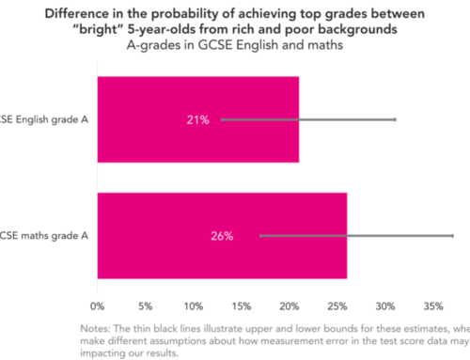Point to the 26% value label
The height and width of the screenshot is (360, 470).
pyautogui.click(x=222, y=236)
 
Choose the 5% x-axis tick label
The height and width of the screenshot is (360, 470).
pyautogui.click(x=146, y=305)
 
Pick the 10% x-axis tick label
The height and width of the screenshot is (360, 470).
pyautogui.click(x=194, y=305)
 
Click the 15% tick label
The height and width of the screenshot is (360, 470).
pyautogui.click(x=242, y=305)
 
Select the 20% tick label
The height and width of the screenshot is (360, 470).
pyautogui.click(x=290, y=305)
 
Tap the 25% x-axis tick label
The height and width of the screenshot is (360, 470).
pyautogui.click(x=337, y=305)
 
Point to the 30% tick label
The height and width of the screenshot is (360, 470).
pyautogui.click(x=385, y=305)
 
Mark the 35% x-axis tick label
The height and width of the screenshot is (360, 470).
pyautogui.click(x=433, y=305)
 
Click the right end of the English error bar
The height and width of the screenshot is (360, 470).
pyautogui.click(x=395, y=120)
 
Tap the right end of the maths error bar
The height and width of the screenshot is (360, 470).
pyautogui.click(x=452, y=236)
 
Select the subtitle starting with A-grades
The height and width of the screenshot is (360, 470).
pyautogui.click(x=234, y=45)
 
